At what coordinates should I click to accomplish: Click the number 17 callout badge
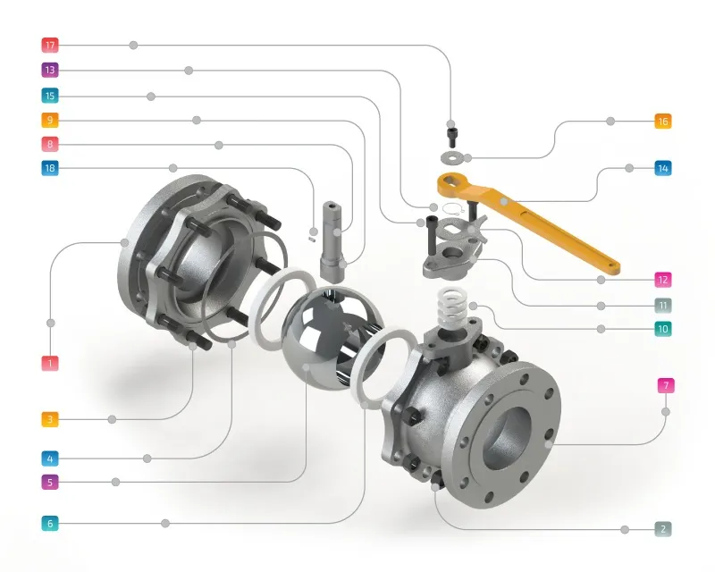(x=50, y=45)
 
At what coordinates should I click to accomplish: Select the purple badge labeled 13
(x=50, y=70)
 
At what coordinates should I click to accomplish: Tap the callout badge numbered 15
(x=50, y=96)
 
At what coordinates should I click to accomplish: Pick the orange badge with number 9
(x=50, y=120)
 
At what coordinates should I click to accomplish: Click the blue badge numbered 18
(x=50, y=168)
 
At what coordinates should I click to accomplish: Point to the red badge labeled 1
(x=50, y=363)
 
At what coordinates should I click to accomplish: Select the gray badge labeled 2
(x=663, y=529)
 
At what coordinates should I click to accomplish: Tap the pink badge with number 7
(x=665, y=386)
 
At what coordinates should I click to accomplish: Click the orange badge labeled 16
(x=662, y=121)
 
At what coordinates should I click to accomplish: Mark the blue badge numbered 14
(x=662, y=168)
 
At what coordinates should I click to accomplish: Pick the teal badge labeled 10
(x=662, y=329)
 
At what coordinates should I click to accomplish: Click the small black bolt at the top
(x=452, y=135)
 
